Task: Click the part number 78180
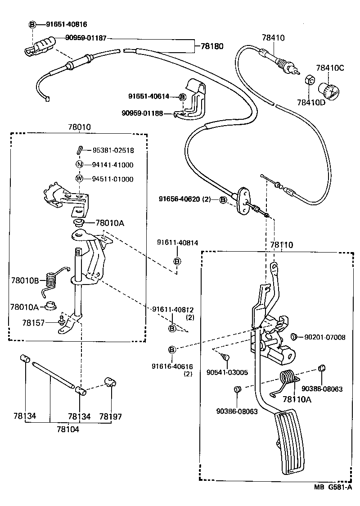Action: click(211, 46)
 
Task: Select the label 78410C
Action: click(329, 68)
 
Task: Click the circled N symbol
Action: click(80, 165)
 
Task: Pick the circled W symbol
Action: click(80, 179)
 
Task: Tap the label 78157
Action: click(33, 322)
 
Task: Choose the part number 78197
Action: click(111, 417)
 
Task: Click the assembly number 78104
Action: click(68, 429)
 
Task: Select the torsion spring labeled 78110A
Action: click(288, 378)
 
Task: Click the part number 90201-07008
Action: click(325, 337)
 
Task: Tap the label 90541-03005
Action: click(227, 372)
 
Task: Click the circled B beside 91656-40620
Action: click(223, 199)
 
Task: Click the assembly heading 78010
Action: click(79, 127)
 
